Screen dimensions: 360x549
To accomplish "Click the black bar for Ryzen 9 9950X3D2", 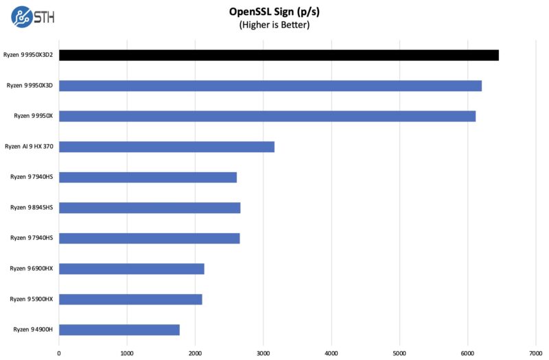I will pyautogui.click(x=279, y=55).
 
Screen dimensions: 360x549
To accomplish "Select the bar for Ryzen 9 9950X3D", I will pyautogui.click(x=270, y=86).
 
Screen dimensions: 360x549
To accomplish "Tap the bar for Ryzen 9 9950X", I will pyautogui.click(x=267, y=116).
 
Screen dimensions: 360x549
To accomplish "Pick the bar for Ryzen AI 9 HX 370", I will pyautogui.click(x=167, y=147).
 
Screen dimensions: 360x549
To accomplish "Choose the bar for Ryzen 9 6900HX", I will pyautogui.click(x=132, y=269).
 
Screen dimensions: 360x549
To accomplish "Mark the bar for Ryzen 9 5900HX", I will pyautogui.click(x=130, y=299).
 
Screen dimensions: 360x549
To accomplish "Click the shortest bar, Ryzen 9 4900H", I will pyautogui.click(x=119, y=330).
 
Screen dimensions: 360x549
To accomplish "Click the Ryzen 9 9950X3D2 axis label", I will pyautogui.click(x=28, y=55).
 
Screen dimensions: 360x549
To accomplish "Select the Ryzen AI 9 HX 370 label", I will pyautogui.click(x=29, y=147).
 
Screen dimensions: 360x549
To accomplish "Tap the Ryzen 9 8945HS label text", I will pyautogui.click(x=32, y=208).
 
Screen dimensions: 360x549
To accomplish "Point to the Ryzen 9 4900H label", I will pyautogui.click(x=33, y=330).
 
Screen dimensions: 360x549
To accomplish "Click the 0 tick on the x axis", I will pyautogui.click(x=59, y=353).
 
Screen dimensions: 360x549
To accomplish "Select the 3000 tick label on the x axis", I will pyautogui.click(x=264, y=353).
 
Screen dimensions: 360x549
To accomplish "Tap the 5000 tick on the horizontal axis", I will pyautogui.click(x=399, y=353).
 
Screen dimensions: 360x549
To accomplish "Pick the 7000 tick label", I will pyautogui.click(x=535, y=353).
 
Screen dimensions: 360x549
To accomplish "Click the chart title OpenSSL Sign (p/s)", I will pyautogui.click(x=274, y=12).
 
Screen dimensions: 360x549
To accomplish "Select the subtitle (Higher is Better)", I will pyautogui.click(x=274, y=25).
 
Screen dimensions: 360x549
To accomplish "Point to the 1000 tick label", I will pyautogui.click(x=127, y=353).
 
